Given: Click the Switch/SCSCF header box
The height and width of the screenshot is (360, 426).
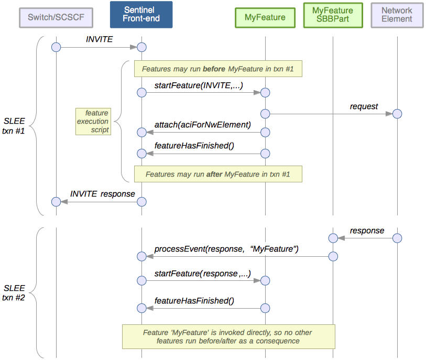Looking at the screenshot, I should coord(56,17).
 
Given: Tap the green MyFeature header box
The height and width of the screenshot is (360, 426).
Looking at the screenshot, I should coord(265,17).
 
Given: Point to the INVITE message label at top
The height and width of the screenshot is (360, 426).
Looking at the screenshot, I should coord(99,39).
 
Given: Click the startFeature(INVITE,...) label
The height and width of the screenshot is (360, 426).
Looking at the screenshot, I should coord(199,85).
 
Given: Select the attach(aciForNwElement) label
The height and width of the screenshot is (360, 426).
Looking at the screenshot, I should coord(203,124).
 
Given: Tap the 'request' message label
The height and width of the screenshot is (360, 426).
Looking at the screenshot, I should coord(364,106).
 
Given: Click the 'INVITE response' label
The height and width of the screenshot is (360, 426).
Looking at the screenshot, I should coord(103,194).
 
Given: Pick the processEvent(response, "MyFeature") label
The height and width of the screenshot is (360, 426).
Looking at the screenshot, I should coord(226,249).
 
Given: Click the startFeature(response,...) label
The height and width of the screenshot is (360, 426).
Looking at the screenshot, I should coord(202,273).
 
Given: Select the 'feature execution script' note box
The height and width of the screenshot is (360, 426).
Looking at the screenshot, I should coord(93,121).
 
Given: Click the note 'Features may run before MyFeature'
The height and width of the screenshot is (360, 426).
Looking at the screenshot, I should coord(218,69).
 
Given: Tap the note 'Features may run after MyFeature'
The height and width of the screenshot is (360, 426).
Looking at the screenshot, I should coord(218,174).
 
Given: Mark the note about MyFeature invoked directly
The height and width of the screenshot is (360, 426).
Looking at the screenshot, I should coord(228,336).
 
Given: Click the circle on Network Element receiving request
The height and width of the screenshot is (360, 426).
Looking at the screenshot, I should coord(397,114).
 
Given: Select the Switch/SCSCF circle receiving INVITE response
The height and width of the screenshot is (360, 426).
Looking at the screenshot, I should coord(56,202).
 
